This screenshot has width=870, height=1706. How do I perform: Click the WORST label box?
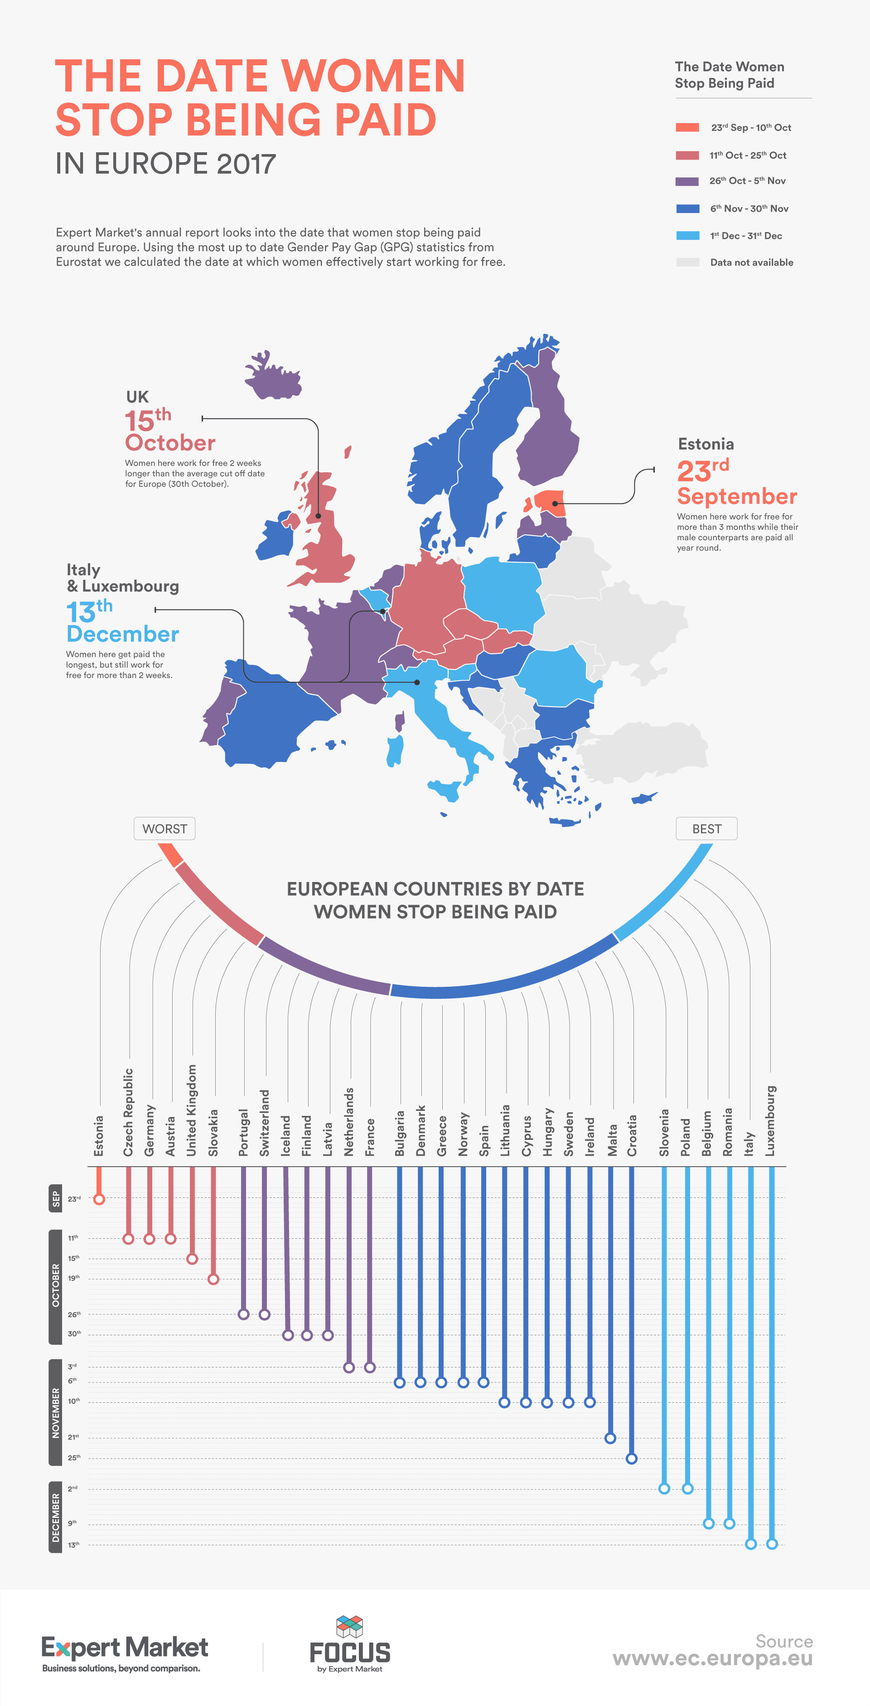[x=164, y=829]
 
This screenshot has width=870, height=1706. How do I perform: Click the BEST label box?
[x=706, y=829]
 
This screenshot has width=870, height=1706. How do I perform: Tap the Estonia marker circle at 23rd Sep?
[x=99, y=1199]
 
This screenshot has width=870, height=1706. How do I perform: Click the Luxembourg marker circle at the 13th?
[x=771, y=1544]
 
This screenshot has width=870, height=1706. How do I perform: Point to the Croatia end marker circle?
[x=632, y=1459]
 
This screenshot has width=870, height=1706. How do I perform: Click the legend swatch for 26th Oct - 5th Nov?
[x=687, y=181]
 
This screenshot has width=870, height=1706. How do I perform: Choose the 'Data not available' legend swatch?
[x=687, y=262]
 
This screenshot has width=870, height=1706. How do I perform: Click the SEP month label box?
[x=56, y=1199]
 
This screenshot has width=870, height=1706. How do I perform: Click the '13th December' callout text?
[x=122, y=622]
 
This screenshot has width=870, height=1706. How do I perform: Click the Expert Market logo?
[x=125, y=1653]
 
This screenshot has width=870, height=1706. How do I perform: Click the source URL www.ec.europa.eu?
[x=712, y=1659]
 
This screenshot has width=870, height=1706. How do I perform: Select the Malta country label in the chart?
[x=613, y=1139]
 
